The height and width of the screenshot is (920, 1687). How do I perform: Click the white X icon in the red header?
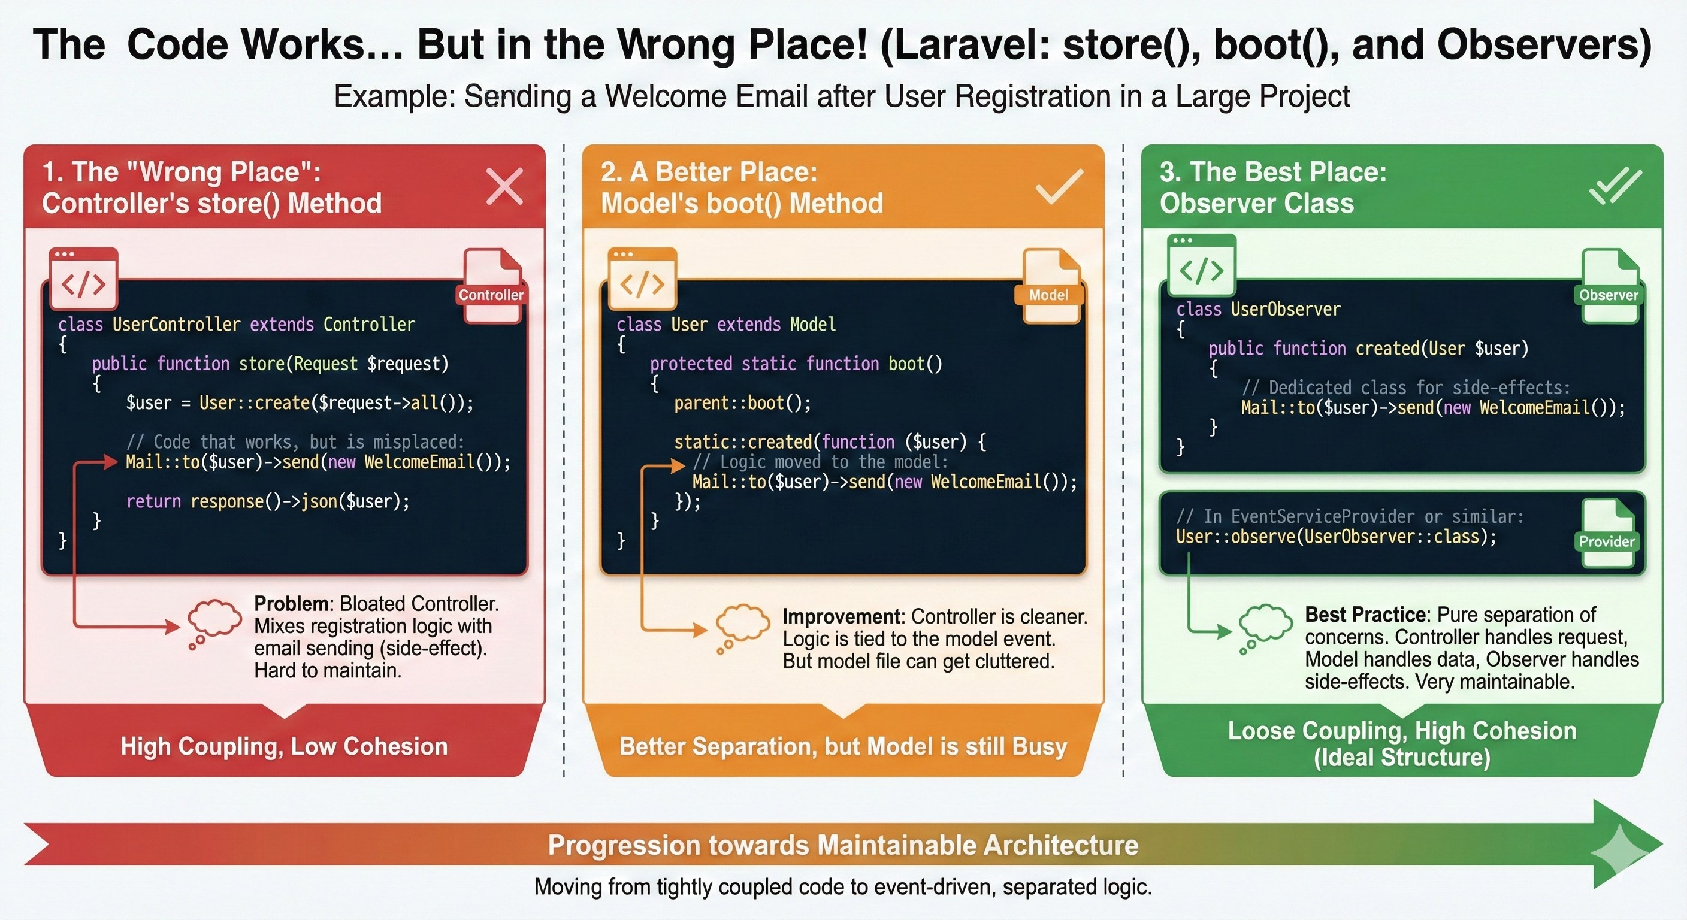(x=505, y=187)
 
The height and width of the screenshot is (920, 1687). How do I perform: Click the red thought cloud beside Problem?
(x=213, y=623)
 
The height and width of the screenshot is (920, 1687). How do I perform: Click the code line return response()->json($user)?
(x=267, y=501)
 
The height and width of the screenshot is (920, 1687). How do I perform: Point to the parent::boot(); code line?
(x=742, y=402)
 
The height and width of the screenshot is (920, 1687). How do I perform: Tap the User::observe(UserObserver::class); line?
(x=1336, y=537)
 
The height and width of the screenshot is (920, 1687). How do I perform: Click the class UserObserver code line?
(x=1258, y=309)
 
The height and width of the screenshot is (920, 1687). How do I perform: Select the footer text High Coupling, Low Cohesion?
(x=284, y=746)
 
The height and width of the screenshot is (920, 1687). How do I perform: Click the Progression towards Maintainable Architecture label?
(x=843, y=845)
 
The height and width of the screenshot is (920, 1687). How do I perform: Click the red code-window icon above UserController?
(x=83, y=278)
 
